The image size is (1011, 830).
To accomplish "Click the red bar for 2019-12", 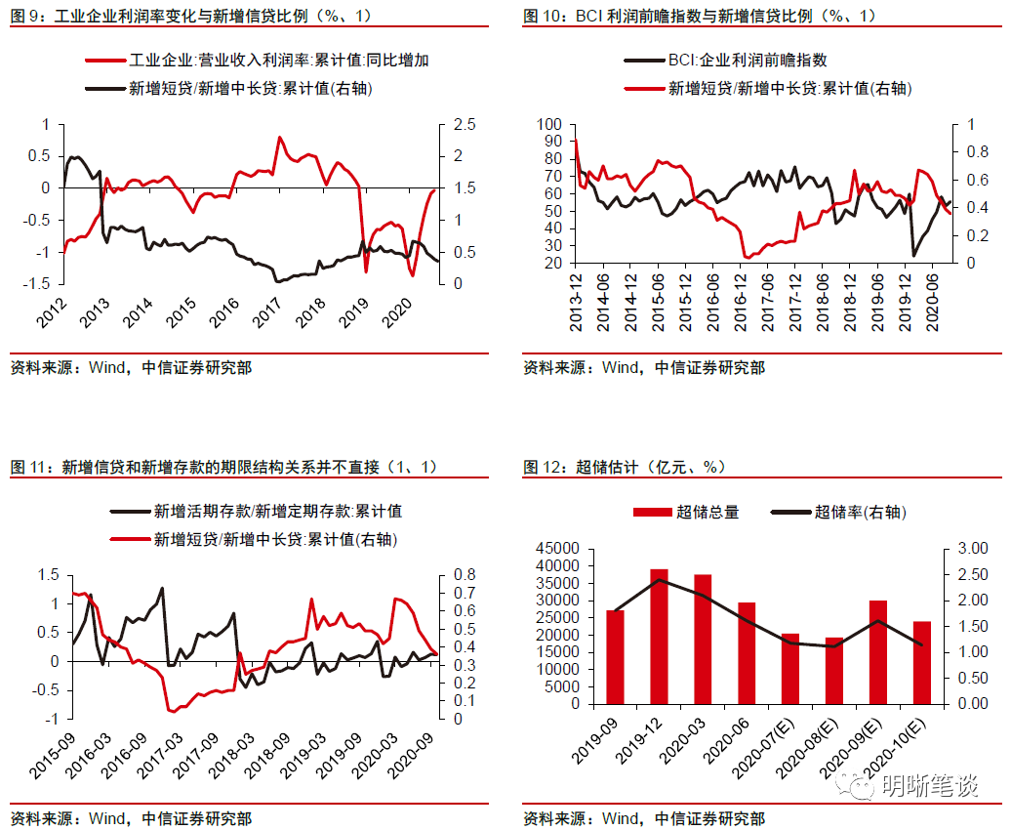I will tap(659, 636).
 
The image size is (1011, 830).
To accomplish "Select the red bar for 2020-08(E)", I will tap(833, 670).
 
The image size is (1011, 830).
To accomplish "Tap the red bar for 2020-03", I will tap(703, 639).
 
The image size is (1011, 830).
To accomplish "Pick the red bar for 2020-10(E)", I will tap(921, 662).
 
